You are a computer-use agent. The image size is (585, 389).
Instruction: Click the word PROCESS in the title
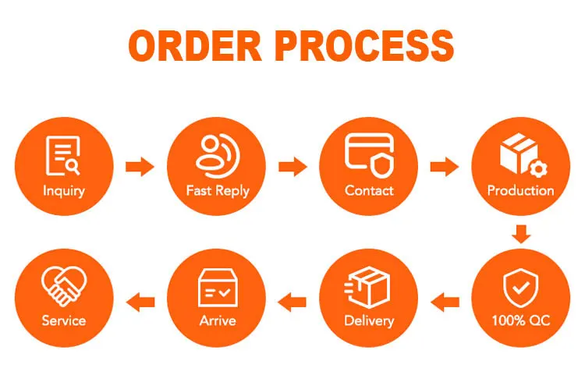click(365, 47)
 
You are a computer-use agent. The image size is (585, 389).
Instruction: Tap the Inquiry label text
click(64, 190)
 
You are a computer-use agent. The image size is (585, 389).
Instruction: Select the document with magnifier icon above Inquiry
click(63, 155)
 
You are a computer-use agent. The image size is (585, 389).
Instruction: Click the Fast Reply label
click(216, 190)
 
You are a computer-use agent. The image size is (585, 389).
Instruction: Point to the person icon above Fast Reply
click(216, 154)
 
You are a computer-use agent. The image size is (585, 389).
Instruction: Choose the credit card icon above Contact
click(369, 153)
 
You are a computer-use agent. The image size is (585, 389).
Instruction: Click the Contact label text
click(369, 190)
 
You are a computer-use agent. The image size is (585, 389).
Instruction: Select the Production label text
click(521, 190)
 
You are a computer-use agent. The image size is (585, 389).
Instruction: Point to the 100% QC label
click(520, 320)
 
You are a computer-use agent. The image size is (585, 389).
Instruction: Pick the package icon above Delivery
click(369, 285)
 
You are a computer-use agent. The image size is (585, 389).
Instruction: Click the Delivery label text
click(369, 320)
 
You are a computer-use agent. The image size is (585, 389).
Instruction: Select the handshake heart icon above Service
click(64, 285)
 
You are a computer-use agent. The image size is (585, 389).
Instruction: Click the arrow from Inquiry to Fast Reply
click(140, 166)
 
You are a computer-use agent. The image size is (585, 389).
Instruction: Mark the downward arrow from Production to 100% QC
click(521, 233)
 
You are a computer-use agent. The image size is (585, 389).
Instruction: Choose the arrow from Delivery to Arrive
click(292, 298)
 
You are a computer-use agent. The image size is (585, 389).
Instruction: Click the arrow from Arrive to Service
click(140, 298)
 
